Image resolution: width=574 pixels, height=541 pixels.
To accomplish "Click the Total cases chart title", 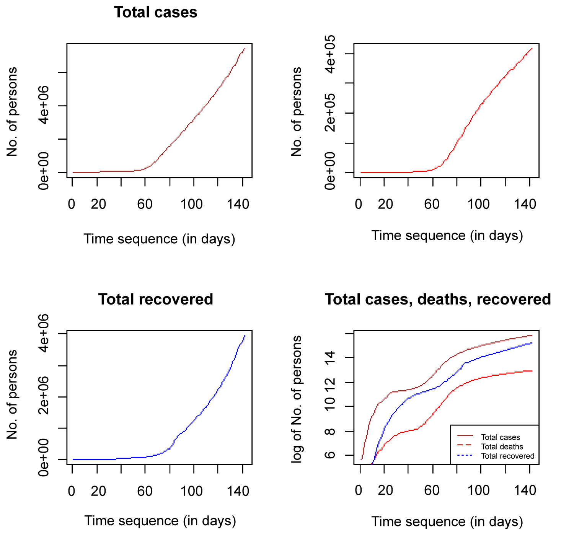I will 155,13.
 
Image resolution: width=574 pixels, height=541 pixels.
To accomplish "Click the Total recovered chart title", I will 155,299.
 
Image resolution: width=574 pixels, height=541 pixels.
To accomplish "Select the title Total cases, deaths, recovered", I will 438,299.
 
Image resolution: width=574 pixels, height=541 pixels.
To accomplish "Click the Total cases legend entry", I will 500,437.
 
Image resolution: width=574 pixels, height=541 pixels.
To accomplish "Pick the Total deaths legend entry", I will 502,446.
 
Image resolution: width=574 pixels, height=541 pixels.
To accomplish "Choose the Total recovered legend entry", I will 507,456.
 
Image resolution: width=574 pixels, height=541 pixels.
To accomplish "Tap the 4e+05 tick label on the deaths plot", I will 330,54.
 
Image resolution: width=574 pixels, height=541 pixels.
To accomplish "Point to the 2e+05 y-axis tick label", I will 330,113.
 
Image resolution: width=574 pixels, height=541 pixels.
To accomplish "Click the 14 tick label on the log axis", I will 330,358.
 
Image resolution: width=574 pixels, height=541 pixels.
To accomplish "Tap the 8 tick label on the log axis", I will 330,431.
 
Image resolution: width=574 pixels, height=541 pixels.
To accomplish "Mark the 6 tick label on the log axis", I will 330,455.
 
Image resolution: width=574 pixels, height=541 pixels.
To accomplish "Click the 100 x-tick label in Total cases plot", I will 192,204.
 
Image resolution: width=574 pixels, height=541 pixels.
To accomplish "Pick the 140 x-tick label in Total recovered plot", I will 238,491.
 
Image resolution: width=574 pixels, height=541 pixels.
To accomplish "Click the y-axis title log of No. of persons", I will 297,399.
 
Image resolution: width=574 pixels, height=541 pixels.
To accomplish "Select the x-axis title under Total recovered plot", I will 160,521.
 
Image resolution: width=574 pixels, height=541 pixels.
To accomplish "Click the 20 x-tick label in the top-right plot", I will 385,204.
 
